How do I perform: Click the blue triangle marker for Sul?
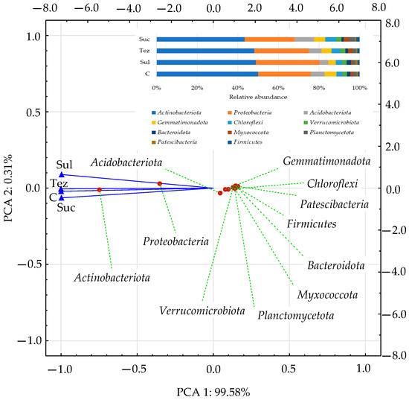coord(62,174)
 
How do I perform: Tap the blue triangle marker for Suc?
coord(62,198)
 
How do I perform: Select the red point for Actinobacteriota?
coord(99,190)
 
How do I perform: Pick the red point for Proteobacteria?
coord(160,183)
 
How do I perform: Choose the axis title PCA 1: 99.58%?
coord(213,390)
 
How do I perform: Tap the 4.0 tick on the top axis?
coord(295,8)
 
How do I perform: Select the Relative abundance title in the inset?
coord(257,97)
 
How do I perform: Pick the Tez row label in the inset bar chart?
coord(144,51)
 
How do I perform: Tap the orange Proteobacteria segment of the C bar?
coord(284,74)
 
